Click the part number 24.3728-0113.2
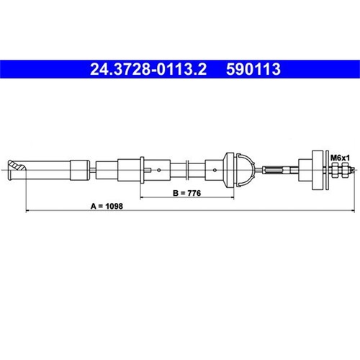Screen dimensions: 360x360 [148, 69]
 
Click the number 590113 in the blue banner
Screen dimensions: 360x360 [253, 69]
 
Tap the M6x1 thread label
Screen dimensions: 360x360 [340, 158]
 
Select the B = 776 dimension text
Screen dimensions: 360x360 [186, 193]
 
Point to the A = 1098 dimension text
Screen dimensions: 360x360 [107, 206]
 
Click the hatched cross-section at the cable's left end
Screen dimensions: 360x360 [17, 165]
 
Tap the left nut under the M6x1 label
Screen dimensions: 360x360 [335, 170]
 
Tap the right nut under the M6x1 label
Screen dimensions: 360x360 [345, 170]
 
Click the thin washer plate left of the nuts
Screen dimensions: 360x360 [327, 170]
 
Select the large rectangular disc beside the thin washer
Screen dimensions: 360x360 [318, 170]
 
